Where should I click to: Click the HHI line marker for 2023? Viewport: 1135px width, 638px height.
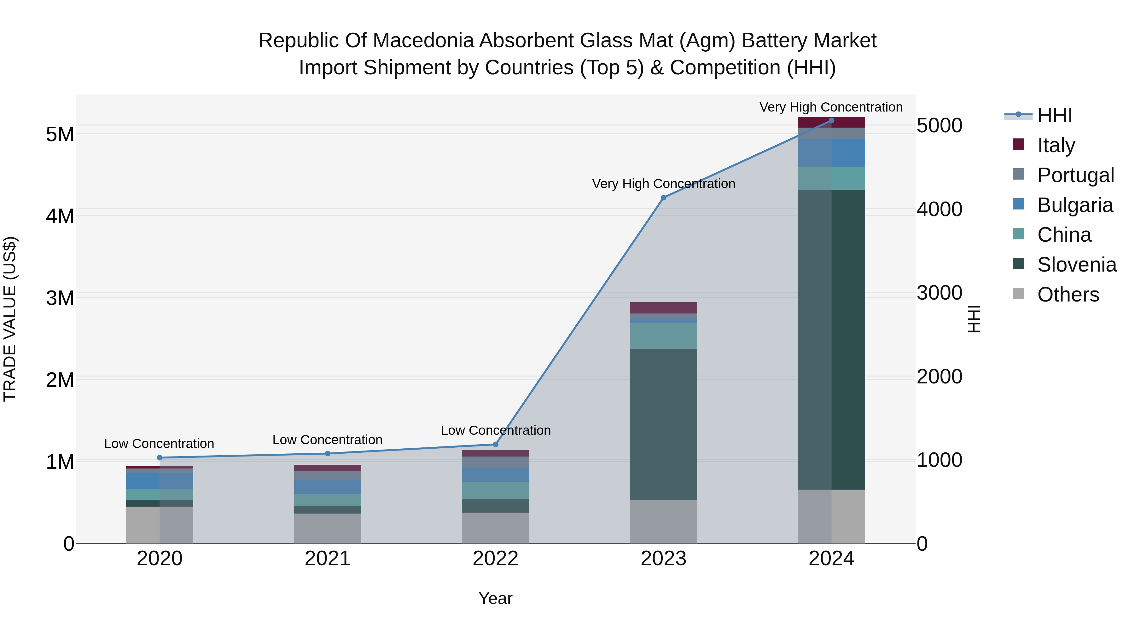[664, 198]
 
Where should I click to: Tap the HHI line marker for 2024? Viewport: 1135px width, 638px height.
[831, 121]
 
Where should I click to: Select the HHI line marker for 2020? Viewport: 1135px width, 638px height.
[160, 458]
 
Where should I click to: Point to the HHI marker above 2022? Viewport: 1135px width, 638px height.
[495, 444]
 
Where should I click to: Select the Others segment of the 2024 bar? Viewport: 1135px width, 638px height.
[831, 516]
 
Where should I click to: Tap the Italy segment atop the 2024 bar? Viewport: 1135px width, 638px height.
[831, 123]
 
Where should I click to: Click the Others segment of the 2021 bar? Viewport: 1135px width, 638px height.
[327, 528]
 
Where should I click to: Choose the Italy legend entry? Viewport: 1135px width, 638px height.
[1056, 145]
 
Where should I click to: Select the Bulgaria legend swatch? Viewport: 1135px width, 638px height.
[1018, 204]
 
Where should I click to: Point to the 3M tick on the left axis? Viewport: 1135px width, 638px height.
[60, 298]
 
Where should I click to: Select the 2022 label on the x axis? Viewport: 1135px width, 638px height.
[495, 559]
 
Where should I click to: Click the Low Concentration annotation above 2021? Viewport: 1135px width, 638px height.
[327, 440]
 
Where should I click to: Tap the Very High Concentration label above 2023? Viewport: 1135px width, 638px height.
[664, 184]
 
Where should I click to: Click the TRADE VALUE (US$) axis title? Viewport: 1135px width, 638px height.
[10, 319]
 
